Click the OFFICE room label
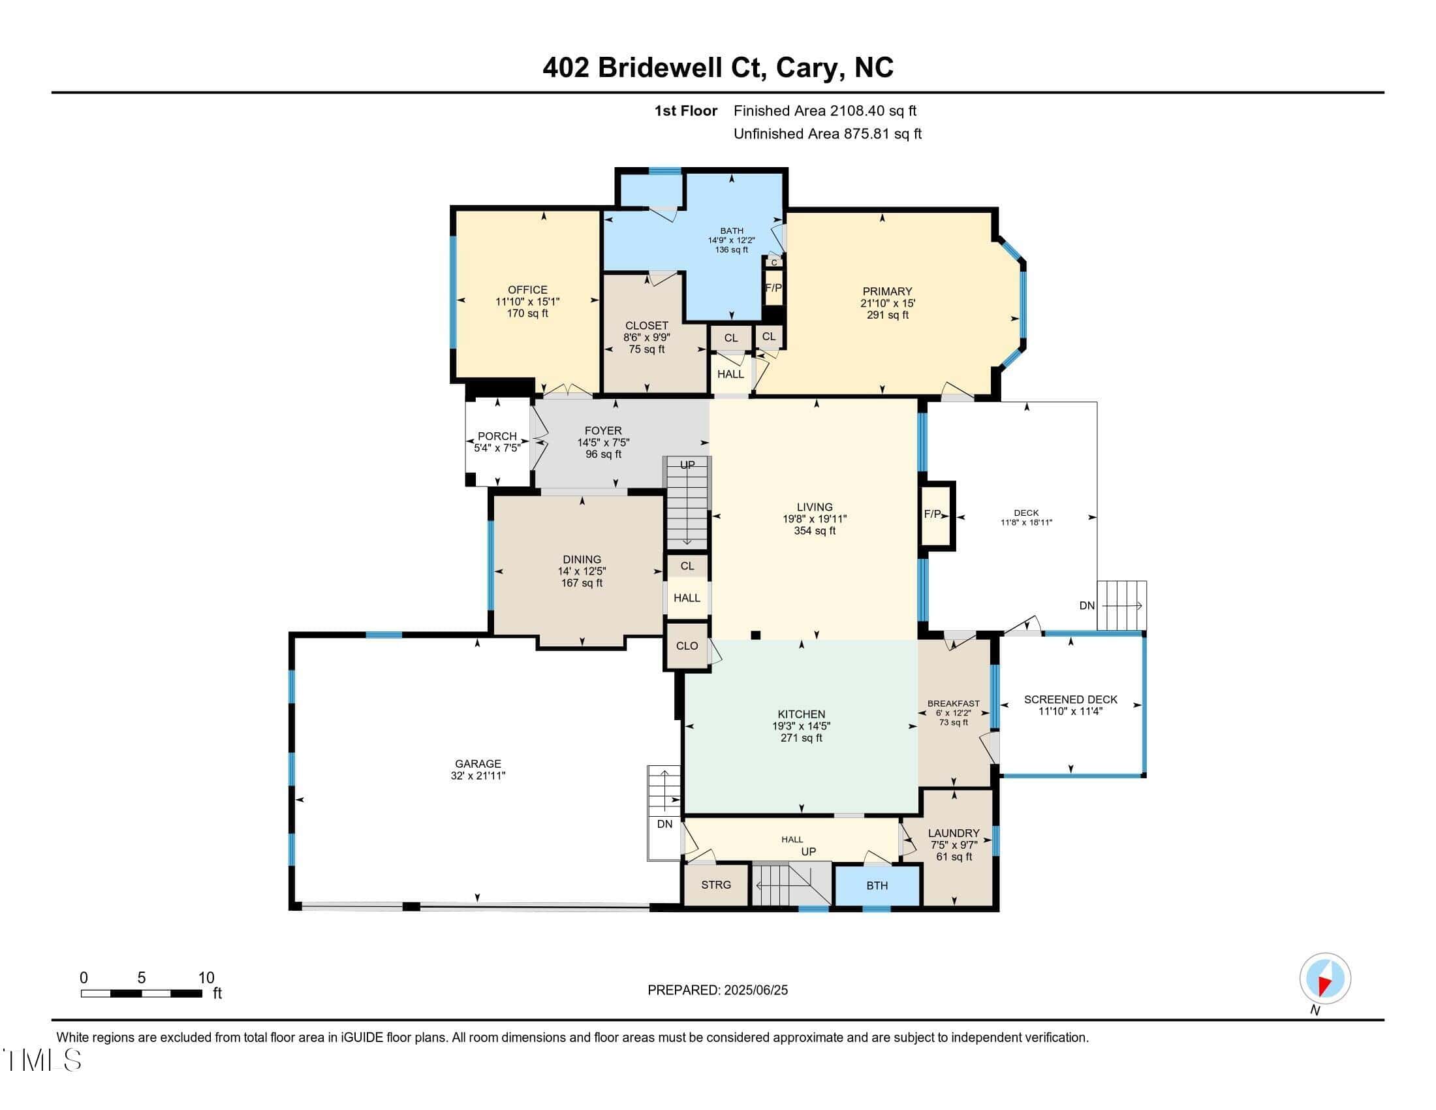click(x=527, y=290)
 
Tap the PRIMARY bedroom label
click(x=887, y=291)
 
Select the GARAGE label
click(x=478, y=764)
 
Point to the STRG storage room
click(x=716, y=885)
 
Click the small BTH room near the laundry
click(x=877, y=886)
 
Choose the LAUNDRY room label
click(x=954, y=833)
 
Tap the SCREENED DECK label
click(x=1070, y=700)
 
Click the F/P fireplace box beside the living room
click(x=936, y=515)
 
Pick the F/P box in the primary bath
click(x=774, y=288)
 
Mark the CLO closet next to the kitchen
click(x=687, y=646)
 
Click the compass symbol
click(x=1325, y=979)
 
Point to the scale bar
click(x=142, y=993)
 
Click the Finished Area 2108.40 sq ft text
click(x=825, y=111)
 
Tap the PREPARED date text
click(x=717, y=991)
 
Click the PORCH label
click(x=497, y=436)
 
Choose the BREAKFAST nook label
click(x=954, y=704)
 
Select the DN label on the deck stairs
click(x=1087, y=606)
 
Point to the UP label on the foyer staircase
click(x=687, y=465)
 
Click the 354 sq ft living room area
click(x=815, y=531)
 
